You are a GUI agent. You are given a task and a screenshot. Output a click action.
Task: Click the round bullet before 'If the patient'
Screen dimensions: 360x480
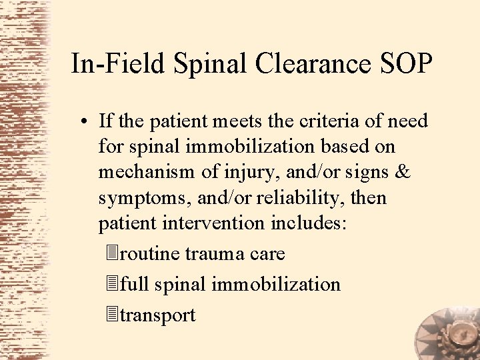pyautogui.click(x=86, y=121)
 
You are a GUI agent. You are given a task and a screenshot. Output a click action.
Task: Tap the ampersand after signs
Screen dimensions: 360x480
pyautogui.click(x=402, y=172)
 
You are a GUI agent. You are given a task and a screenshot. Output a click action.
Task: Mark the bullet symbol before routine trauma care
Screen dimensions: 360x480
pyautogui.click(x=111, y=254)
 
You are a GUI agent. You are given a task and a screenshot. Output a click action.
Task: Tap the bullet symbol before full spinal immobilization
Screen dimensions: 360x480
pyautogui.click(x=111, y=285)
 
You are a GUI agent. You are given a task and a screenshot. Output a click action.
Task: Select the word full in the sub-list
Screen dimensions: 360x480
pyautogui.click(x=135, y=285)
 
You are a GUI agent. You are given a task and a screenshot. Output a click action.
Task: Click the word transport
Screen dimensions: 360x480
pyautogui.click(x=157, y=315)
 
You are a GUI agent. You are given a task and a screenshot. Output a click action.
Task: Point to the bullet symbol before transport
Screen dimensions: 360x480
pyautogui.click(x=111, y=315)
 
